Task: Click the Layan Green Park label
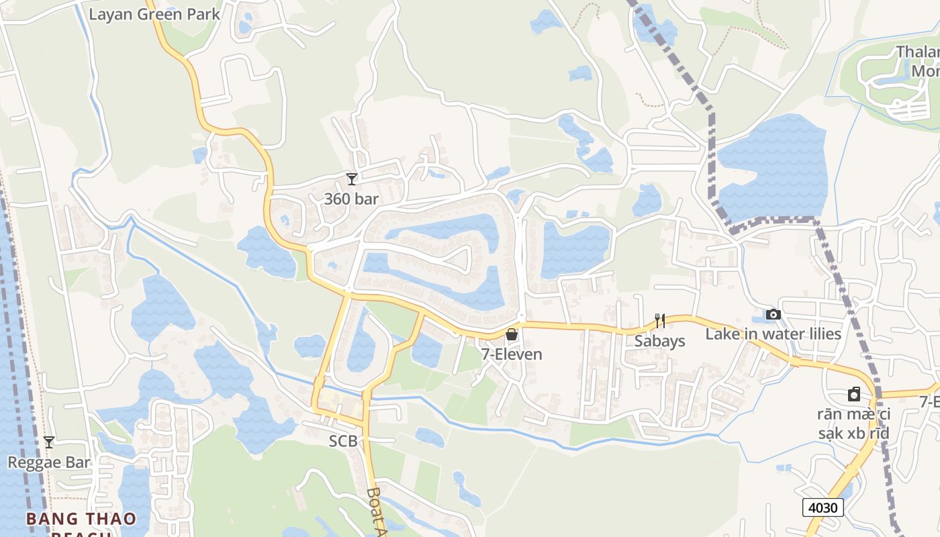(154, 14)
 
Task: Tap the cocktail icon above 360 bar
(351, 179)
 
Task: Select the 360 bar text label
(351, 199)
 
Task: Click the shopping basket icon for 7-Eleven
(512, 334)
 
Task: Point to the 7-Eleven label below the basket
(512, 354)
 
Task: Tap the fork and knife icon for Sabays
(660, 321)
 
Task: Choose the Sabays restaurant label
(660, 341)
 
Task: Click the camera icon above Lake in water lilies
(773, 314)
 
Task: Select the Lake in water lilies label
(773, 334)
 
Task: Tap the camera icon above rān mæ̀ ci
(854, 394)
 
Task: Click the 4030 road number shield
(823, 507)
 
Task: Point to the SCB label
(342, 441)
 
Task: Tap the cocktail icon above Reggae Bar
(49, 442)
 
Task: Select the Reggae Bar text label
(49, 462)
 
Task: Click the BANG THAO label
(81, 519)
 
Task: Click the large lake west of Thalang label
(772, 168)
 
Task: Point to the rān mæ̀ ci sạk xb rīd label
(853, 424)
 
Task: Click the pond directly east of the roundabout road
(575, 248)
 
